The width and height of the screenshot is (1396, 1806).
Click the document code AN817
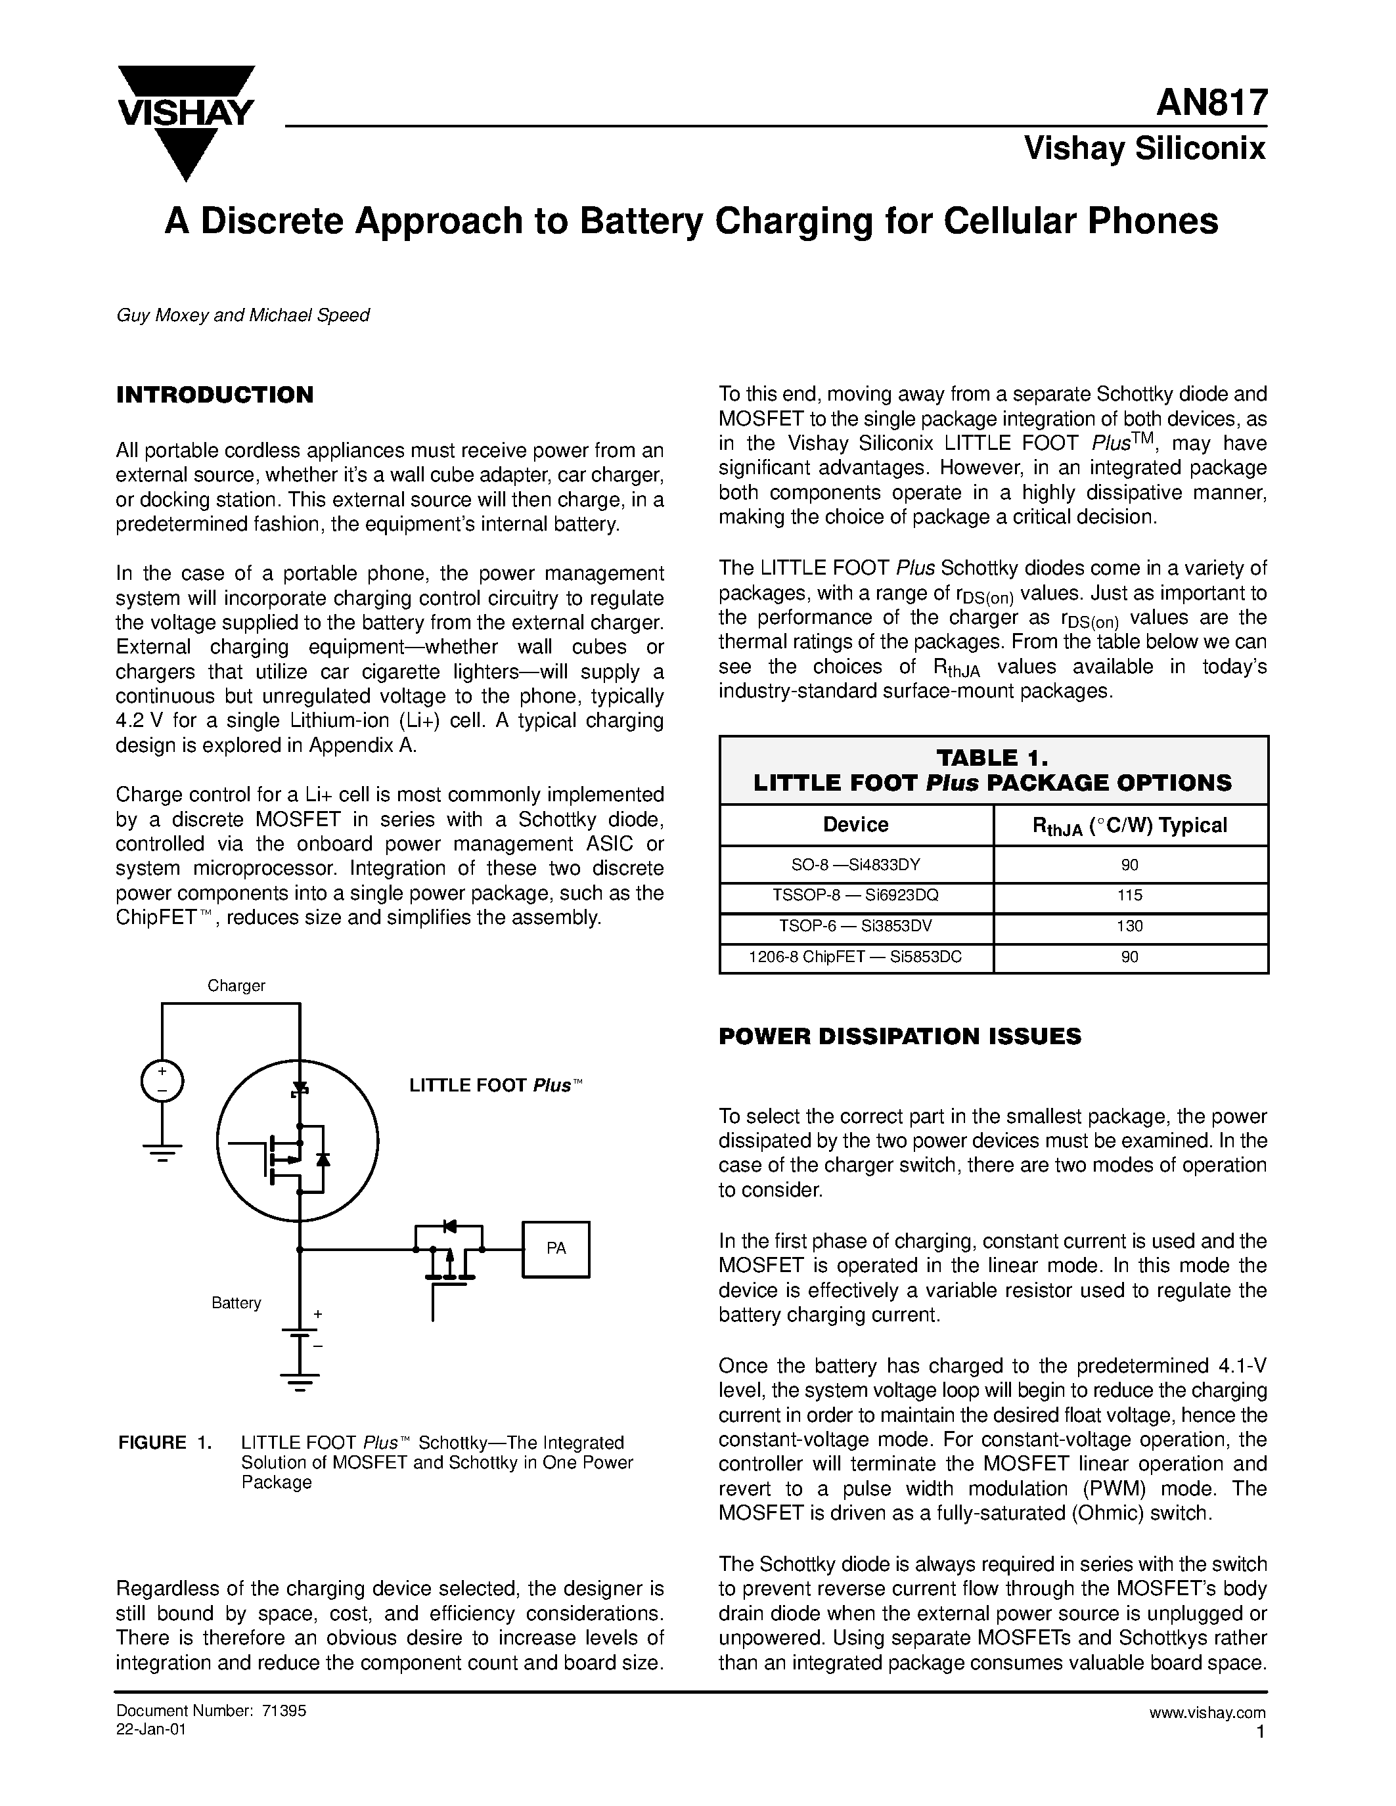(1211, 103)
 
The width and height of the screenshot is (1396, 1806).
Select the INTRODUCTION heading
(215, 395)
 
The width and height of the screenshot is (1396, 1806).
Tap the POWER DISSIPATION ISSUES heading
(900, 1036)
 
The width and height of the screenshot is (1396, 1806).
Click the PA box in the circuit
(556, 1248)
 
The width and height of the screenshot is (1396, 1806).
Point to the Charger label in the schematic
(236, 986)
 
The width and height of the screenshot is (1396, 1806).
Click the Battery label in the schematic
(236, 1303)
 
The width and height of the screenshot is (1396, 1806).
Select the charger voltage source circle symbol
(162, 1082)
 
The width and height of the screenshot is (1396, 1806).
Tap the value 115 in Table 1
(1130, 896)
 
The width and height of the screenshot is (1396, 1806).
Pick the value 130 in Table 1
(1130, 926)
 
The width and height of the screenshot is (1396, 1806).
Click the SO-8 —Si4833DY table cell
(856, 865)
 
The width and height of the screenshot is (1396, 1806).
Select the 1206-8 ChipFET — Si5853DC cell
(856, 957)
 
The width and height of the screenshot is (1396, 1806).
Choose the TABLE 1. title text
(993, 757)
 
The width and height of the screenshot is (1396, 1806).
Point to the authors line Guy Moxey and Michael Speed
(243, 315)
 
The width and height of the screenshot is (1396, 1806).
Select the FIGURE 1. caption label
(166, 1443)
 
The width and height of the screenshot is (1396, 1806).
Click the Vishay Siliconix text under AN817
(1144, 149)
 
